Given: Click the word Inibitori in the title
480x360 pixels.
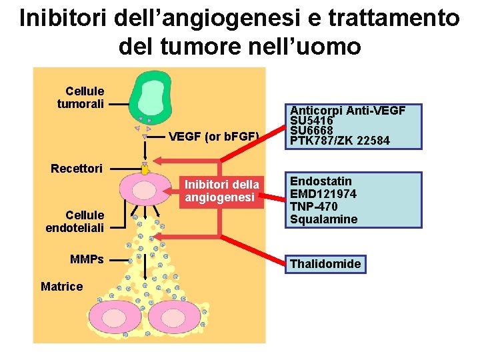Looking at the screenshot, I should pos(63,18).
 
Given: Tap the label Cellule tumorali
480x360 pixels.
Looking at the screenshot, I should pos(80,97).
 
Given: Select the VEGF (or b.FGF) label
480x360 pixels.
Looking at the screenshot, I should pos(213,137).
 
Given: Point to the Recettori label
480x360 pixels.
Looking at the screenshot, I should pos(77,168).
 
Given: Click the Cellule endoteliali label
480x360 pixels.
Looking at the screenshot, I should pos(75,221).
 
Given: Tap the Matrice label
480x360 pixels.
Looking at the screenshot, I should pos(62,287).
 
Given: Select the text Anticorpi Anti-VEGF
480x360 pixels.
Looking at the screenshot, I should pos(347,111).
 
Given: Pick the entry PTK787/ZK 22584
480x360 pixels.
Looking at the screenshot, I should pos(340,141).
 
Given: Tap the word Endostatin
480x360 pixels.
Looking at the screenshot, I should pos(321,181).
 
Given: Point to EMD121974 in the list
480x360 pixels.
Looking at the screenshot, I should pos(323,194).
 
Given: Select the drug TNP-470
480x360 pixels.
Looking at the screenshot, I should pos(313,207).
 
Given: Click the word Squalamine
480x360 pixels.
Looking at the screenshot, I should pos(323,219).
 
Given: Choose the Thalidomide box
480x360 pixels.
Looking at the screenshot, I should pos(325,264).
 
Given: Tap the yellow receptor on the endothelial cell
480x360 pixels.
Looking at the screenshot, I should pos(145,169).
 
